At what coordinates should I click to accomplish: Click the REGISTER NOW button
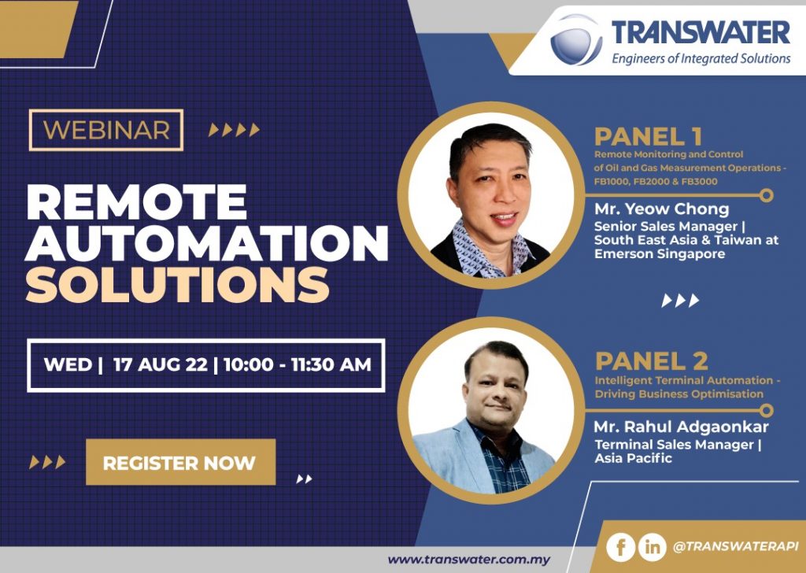180,462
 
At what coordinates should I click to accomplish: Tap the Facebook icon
620,547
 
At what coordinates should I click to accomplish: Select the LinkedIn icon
652,547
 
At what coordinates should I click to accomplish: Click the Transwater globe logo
576,39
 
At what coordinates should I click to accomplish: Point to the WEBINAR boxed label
106,130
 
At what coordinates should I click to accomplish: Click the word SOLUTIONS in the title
177,284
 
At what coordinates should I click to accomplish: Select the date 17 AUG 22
161,364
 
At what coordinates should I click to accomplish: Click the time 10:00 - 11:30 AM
297,364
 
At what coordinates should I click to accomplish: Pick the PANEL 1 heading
649,137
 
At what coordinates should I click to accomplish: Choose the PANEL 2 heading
651,360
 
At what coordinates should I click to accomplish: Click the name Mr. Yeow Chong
661,209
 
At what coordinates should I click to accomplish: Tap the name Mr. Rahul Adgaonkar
681,427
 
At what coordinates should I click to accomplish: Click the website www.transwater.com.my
469,560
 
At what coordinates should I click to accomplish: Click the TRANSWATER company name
701,32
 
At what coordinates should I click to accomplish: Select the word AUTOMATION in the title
207,243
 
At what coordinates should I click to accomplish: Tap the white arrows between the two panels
680,301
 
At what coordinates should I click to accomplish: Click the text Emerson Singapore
660,254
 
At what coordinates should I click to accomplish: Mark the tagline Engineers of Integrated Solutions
701,58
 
